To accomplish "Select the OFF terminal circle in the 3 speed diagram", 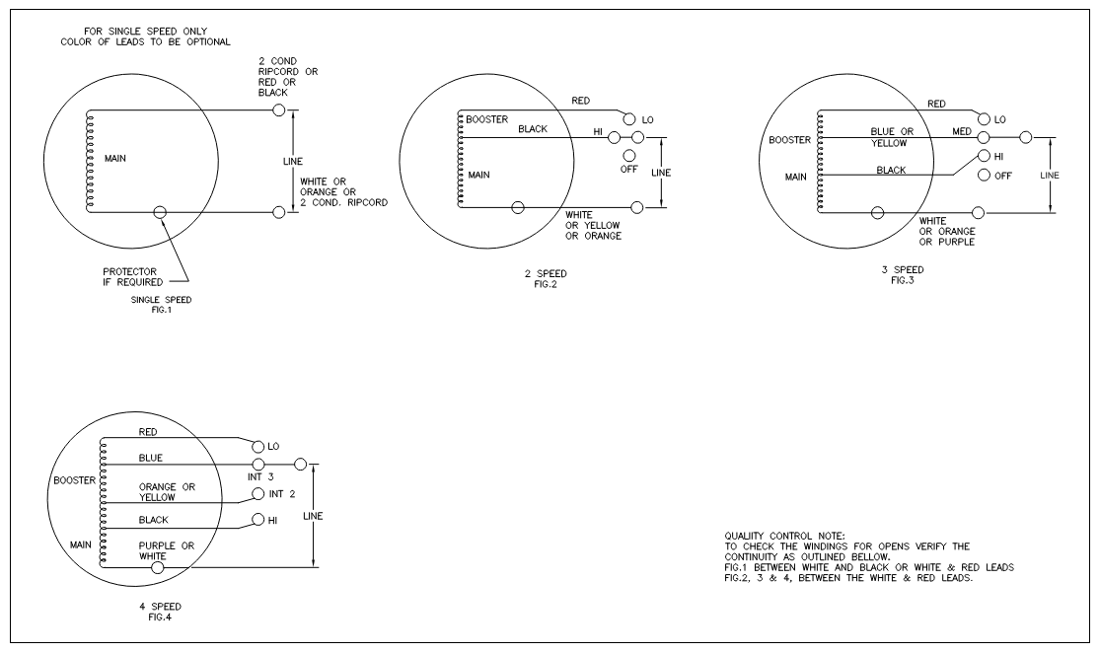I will pos(984,176).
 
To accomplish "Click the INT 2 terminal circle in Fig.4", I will pos(259,493).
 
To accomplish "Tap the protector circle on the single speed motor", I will pos(161,211).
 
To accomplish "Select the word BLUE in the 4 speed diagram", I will pos(150,458).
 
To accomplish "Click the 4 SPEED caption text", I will pos(161,606).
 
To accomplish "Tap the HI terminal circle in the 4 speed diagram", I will pos(259,520).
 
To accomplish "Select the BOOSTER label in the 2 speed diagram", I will pos(486,119).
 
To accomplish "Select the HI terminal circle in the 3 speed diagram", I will pos(984,156).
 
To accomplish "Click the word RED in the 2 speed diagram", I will pos(581,101).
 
